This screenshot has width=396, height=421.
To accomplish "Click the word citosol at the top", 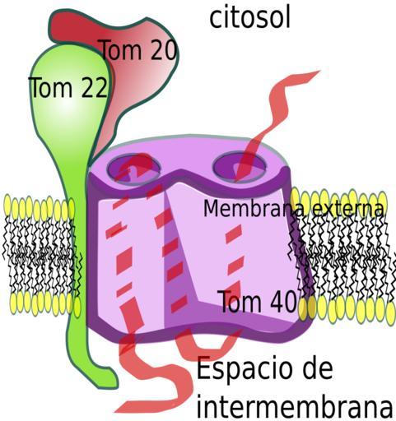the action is (x=249, y=19).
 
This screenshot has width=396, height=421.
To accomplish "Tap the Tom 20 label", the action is (x=139, y=50).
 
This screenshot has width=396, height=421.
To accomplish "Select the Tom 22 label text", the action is (x=68, y=87).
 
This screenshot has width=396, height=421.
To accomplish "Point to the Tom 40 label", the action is (x=259, y=302).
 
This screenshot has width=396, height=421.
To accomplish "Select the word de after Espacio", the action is (x=318, y=368).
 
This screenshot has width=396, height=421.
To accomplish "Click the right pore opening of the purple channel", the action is (x=240, y=167).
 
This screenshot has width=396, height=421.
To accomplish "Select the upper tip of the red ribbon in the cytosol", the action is (x=319, y=72).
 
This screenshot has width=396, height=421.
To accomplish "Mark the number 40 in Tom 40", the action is (x=284, y=302).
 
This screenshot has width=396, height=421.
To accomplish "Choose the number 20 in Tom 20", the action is (x=163, y=50).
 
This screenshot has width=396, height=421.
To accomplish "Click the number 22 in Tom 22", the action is (x=94, y=87).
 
